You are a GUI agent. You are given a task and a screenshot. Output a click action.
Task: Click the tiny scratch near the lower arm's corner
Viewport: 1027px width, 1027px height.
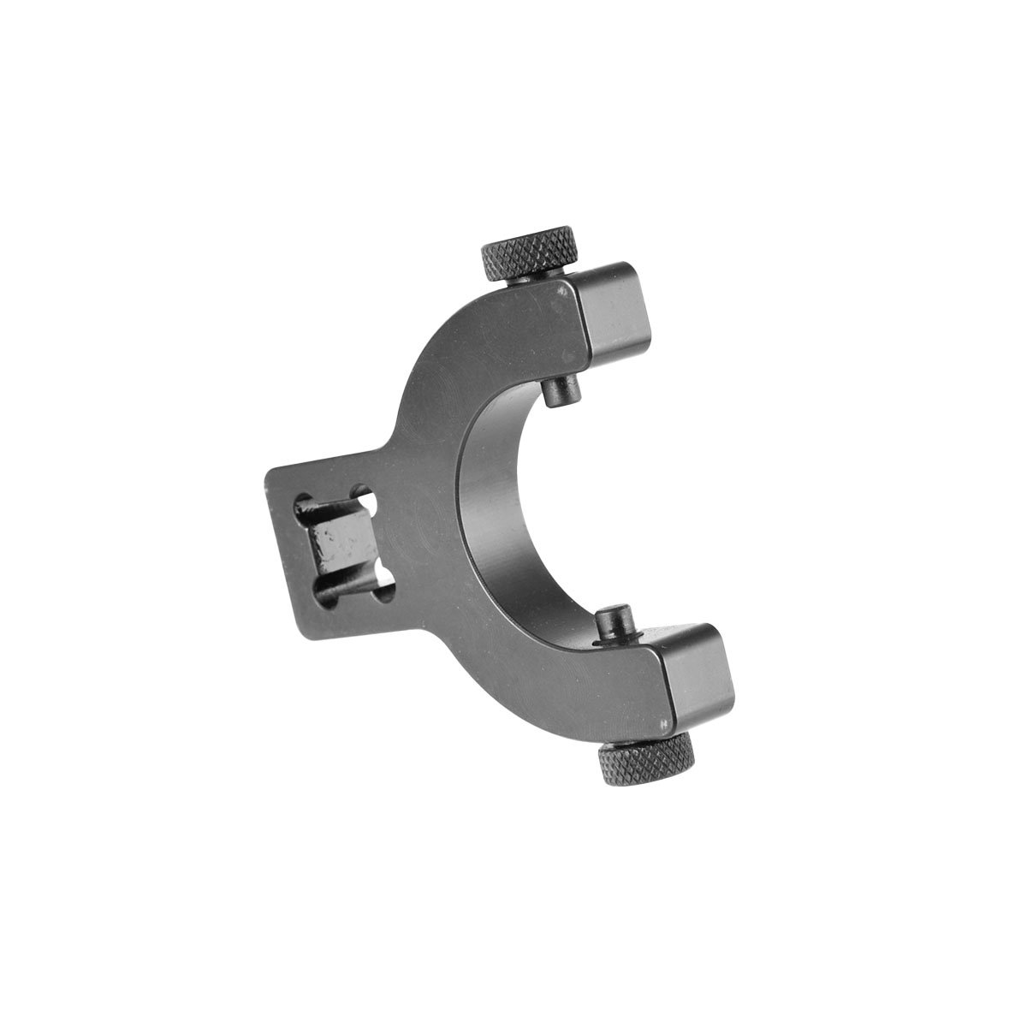coord(662,725)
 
